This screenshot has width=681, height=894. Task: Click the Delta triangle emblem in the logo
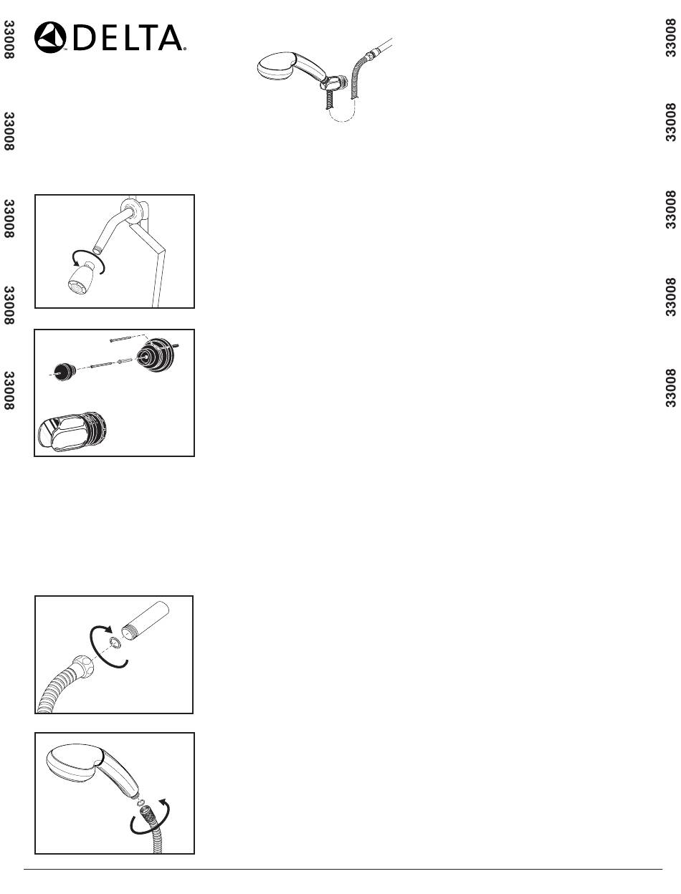(x=50, y=37)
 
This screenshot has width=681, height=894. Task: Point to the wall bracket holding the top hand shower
(x=334, y=82)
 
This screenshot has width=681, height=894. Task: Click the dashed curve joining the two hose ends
(x=343, y=115)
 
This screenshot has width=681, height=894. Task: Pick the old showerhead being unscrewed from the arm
(x=82, y=278)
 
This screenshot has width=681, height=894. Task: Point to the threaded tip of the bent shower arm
(x=96, y=249)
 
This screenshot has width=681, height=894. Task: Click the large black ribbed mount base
(x=155, y=355)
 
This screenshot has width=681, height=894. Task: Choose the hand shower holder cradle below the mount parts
(x=72, y=431)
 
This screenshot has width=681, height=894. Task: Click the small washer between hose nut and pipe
(x=114, y=643)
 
